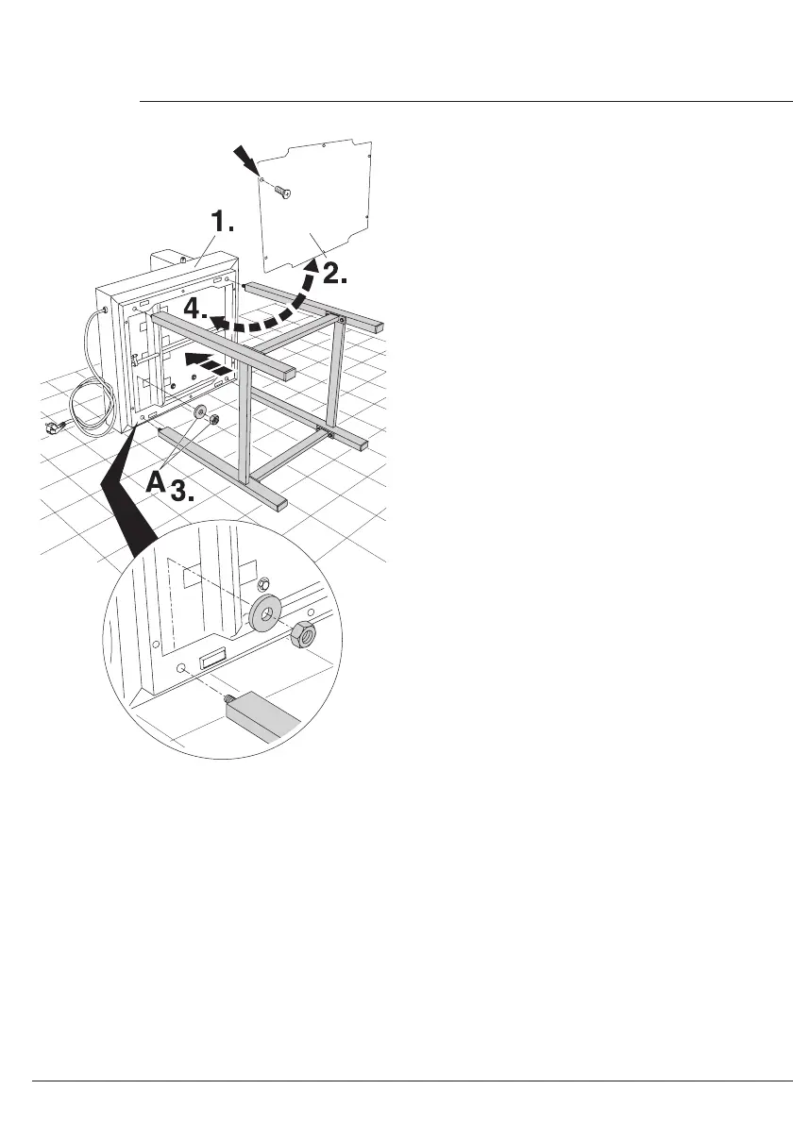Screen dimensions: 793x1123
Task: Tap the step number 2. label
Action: click(336, 274)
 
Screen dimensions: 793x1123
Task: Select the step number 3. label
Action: click(190, 488)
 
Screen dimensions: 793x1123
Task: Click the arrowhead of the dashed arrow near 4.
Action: click(216, 323)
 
